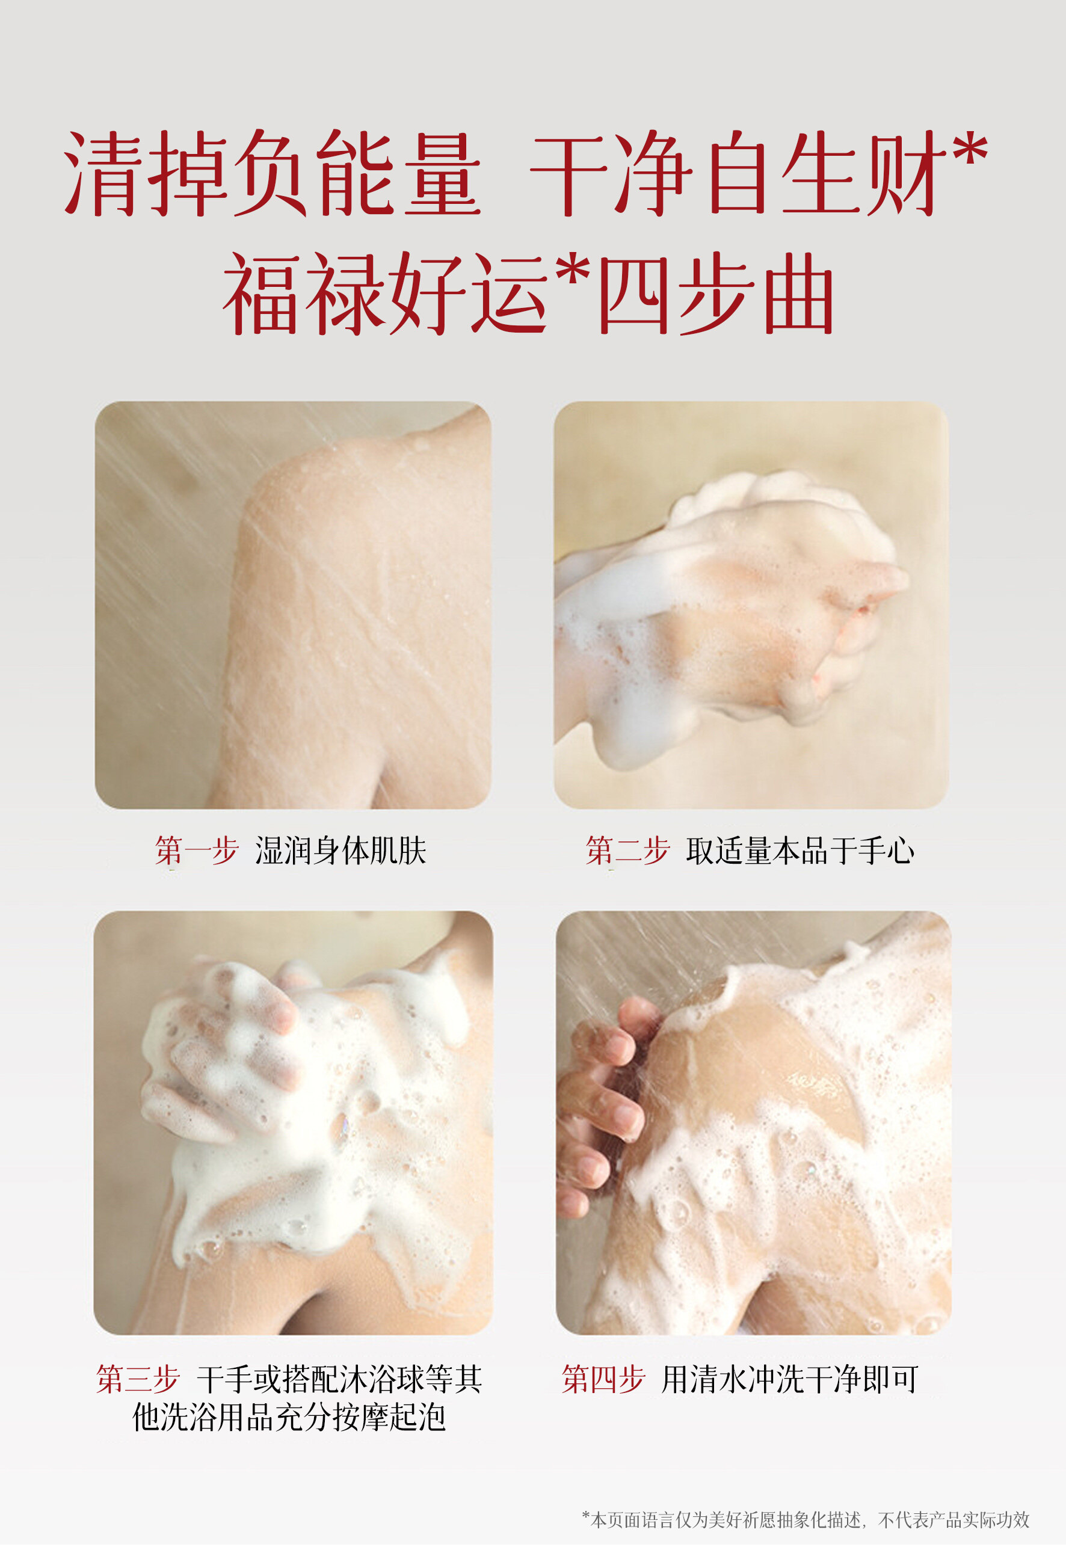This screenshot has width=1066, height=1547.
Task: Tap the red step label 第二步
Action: tap(627, 850)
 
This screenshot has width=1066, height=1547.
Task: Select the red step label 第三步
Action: tap(138, 1379)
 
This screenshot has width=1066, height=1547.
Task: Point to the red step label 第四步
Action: tap(603, 1379)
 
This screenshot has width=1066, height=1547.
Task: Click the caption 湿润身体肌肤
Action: tap(340, 850)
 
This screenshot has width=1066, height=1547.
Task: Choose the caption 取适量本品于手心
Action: tap(800, 850)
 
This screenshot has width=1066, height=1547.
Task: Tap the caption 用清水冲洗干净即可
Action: tap(790, 1379)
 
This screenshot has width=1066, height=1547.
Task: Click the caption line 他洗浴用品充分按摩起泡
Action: tap(289, 1417)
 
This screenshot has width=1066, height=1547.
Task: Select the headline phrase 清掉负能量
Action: tap(273, 173)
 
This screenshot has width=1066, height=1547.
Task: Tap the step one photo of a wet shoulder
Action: tap(293, 605)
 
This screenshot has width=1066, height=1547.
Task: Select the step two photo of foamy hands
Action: tap(751, 605)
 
